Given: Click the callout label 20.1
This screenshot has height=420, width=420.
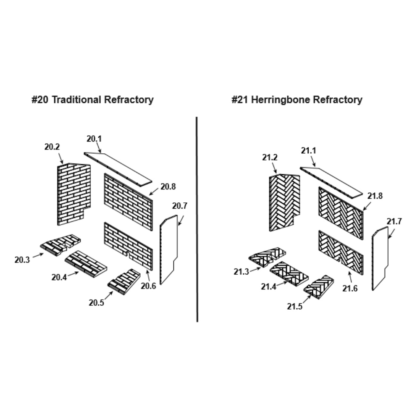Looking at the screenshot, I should (94, 139).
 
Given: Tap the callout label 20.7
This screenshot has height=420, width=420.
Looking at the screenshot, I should (180, 206).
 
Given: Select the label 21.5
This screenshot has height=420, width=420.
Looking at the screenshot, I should (295, 307).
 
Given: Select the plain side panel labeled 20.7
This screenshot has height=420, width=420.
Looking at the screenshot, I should (169, 250).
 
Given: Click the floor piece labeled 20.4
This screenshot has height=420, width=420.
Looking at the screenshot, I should (86, 264).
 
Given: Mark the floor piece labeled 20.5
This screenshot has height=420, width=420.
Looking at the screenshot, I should (124, 281).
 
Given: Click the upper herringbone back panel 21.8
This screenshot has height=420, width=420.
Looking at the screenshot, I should (340, 213).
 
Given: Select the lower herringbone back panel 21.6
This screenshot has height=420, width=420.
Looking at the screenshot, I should (340, 252).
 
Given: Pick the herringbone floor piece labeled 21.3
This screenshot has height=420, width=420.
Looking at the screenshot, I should (267, 257).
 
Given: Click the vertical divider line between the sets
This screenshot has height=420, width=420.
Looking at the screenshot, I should (197, 218).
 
